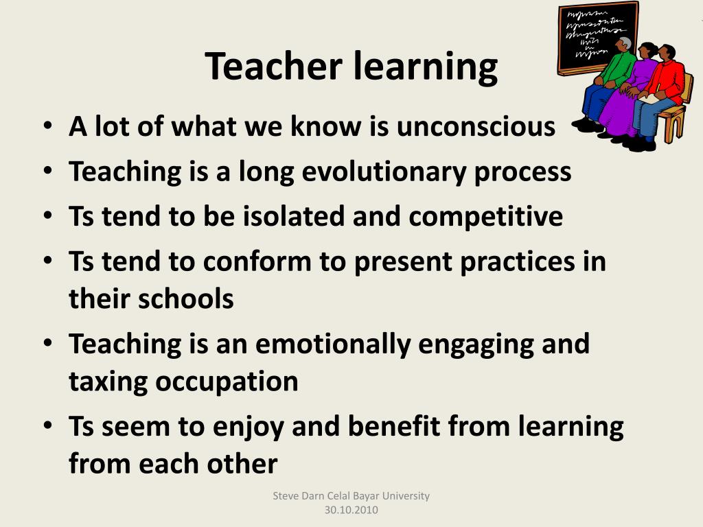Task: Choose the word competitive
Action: [486, 217]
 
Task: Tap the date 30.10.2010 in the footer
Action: [351, 511]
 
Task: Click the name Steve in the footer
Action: [286, 496]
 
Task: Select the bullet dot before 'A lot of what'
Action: [46, 127]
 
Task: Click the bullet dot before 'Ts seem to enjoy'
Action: [46, 426]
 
